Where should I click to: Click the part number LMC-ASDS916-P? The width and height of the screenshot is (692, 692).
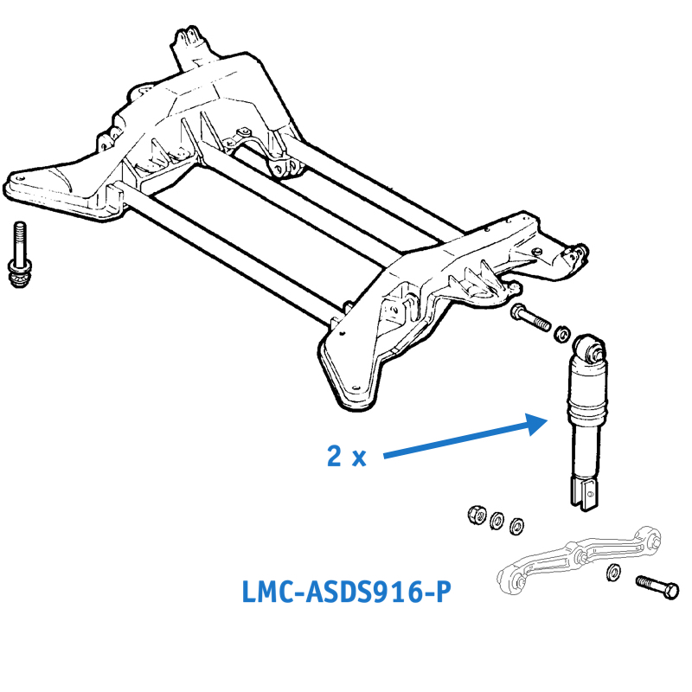pyautogui.click(x=345, y=593)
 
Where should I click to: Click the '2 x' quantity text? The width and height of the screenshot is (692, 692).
pyautogui.click(x=346, y=457)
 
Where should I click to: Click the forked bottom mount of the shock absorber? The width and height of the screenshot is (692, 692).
pyautogui.click(x=583, y=493)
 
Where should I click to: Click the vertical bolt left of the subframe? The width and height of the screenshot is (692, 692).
pyautogui.click(x=21, y=256)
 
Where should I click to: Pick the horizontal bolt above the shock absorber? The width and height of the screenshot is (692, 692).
pyautogui.click(x=529, y=317)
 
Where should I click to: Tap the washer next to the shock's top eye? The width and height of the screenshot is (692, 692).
pyautogui.click(x=561, y=330)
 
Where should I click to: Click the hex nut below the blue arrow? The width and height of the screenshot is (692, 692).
pyautogui.click(x=475, y=515)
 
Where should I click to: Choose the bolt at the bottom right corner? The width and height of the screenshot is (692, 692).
pyautogui.click(x=657, y=587)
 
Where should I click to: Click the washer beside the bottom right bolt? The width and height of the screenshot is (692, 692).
pyautogui.click(x=613, y=571)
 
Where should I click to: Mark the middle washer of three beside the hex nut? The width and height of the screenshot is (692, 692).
pyautogui.click(x=498, y=520)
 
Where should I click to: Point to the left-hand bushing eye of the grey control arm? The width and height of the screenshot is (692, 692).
pyautogui.click(x=511, y=580)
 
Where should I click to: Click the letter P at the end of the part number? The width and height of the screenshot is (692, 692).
pyautogui.click(x=442, y=593)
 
